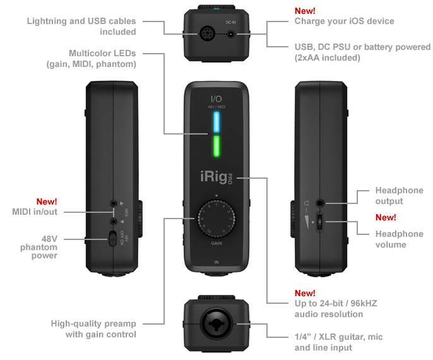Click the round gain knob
tap(215, 218)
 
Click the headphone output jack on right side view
tap(321, 203)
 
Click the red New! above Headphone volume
tap(386, 217)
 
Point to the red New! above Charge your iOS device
tap(305, 11)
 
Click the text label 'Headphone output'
tap(399, 196)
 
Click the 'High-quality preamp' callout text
tap(93, 328)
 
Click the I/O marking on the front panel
tap(216, 99)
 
